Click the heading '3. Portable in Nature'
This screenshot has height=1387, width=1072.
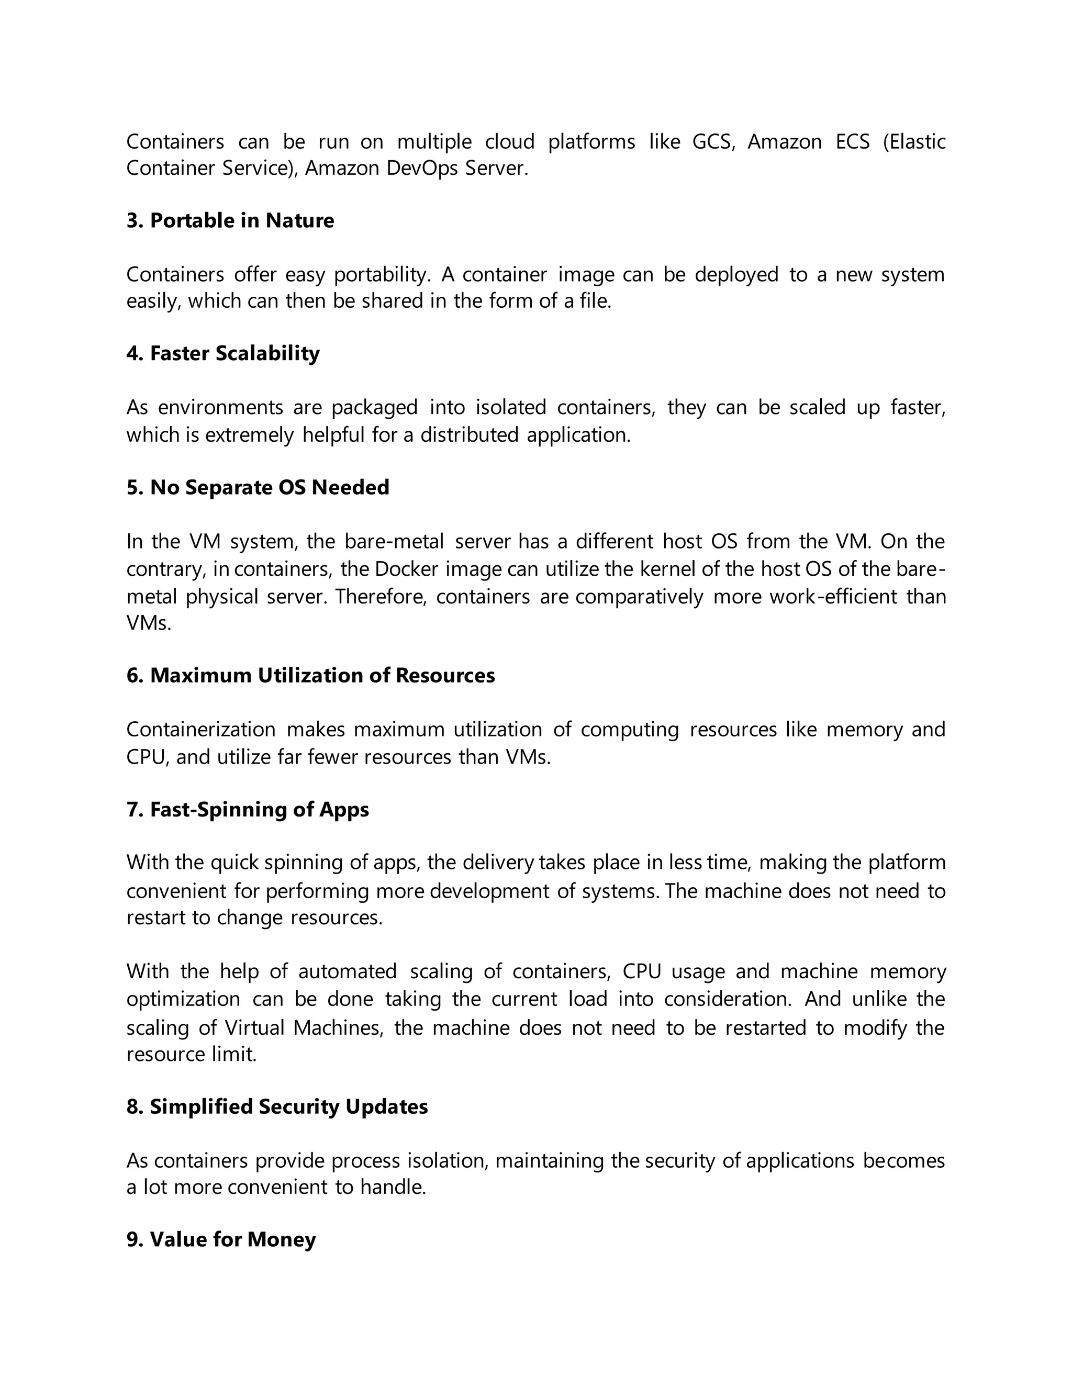pos(230,220)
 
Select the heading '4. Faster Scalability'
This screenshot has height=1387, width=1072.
pos(223,353)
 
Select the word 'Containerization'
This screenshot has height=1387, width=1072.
pos(200,729)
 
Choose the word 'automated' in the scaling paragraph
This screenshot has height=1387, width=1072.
pos(348,971)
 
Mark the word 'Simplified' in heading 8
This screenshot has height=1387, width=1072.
pos(202,1106)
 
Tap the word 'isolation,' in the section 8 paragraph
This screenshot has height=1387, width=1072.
pos(447,1160)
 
